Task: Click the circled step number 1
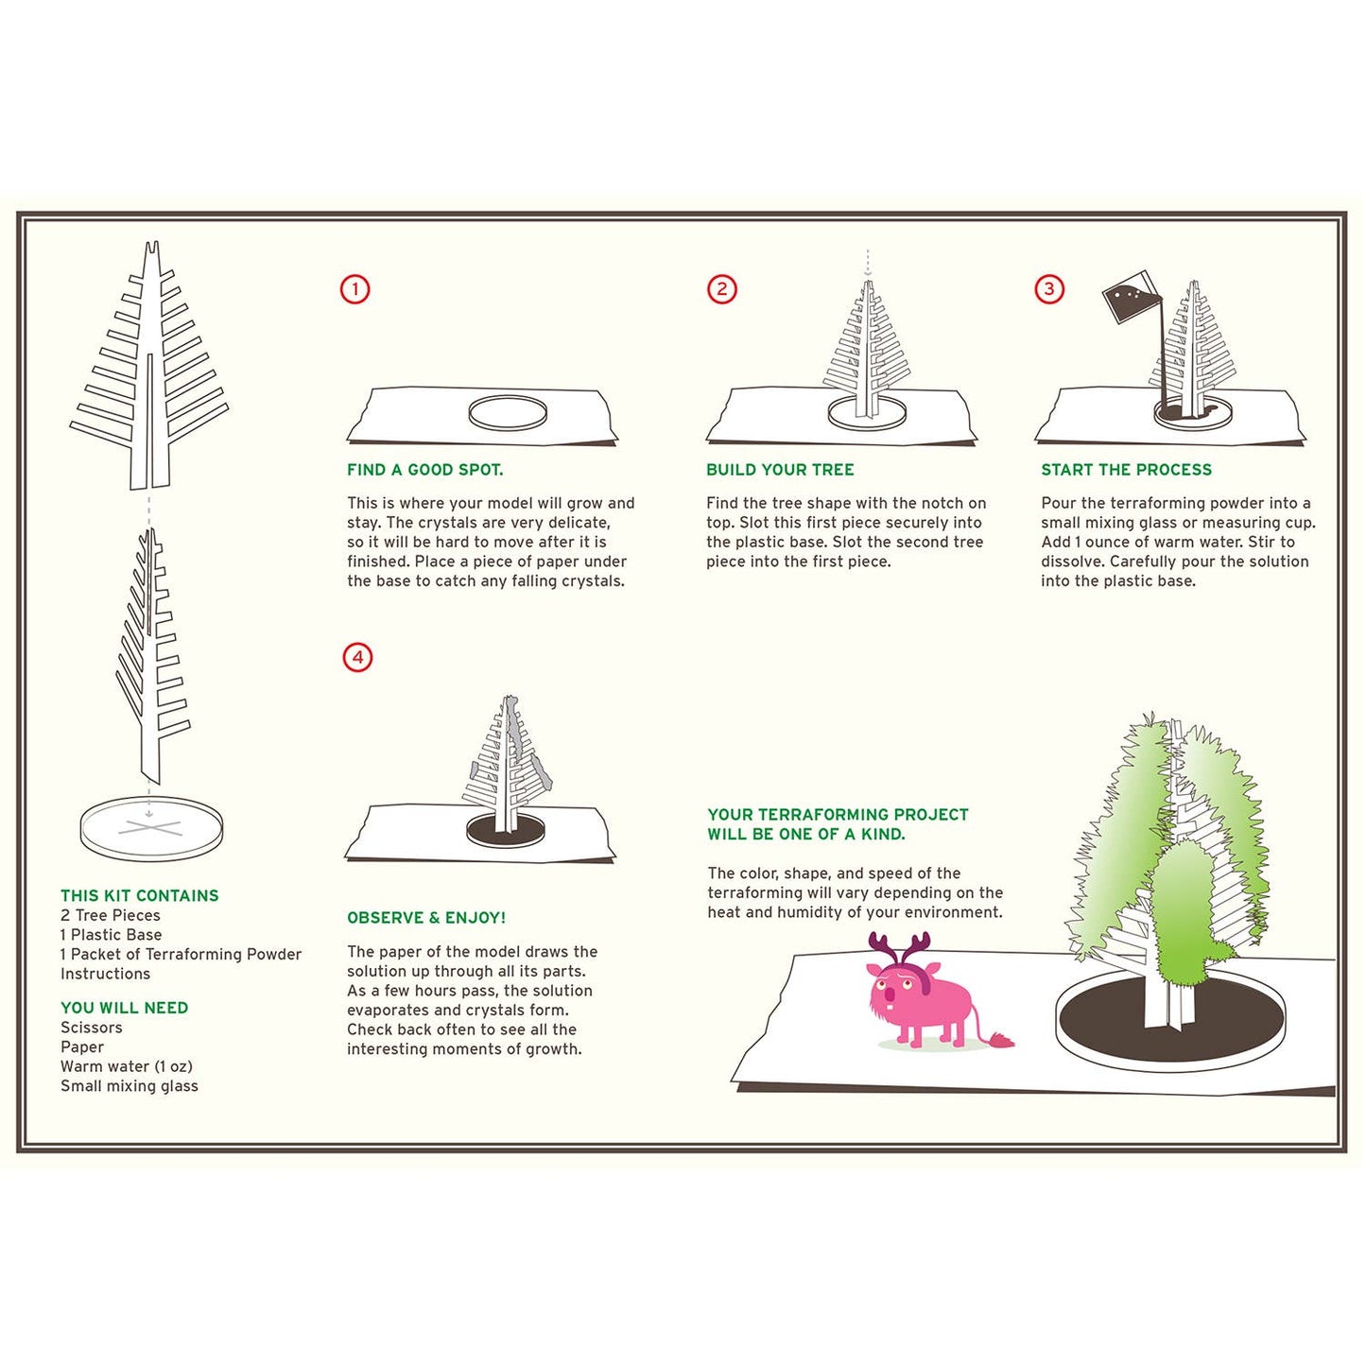(x=355, y=289)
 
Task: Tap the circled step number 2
(x=722, y=289)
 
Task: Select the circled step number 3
(x=1049, y=289)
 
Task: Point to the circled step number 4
(x=357, y=657)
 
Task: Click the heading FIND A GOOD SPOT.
(x=424, y=470)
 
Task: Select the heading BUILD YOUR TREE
(x=780, y=470)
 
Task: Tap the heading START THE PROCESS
(x=1126, y=470)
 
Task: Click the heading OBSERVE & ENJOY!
(x=426, y=918)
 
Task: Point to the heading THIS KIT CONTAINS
(x=139, y=895)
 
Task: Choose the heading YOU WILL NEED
(x=124, y=1008)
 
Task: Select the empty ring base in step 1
(x=508, y=413)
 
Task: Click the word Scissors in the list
(x=92, y=1028)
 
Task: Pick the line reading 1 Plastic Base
(x=111, y=935)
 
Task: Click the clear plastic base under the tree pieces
(x=151, y=828)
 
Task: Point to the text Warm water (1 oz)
(x=127, y=1066)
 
